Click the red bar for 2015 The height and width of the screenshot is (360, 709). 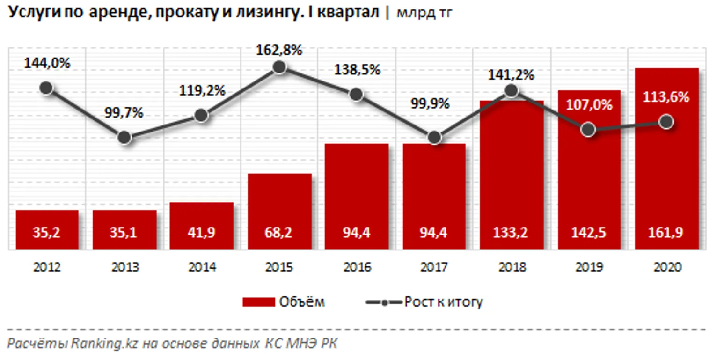[279, 211]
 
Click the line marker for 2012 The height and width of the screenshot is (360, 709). [46, 88]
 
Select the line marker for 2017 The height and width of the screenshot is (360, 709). [434, 138]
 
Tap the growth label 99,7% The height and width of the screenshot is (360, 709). [124, 113]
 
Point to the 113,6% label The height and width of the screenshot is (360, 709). [666, 97]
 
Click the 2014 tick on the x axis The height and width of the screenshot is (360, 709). [202, 267]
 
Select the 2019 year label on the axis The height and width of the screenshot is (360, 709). [589, 267]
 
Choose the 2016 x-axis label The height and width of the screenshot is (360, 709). [357, 267]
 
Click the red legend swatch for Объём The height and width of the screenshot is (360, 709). [258, 302]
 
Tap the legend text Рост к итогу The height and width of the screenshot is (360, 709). [443, 302]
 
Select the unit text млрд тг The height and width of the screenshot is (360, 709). [424, 13]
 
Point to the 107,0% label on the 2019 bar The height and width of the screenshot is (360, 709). [589, 105]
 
